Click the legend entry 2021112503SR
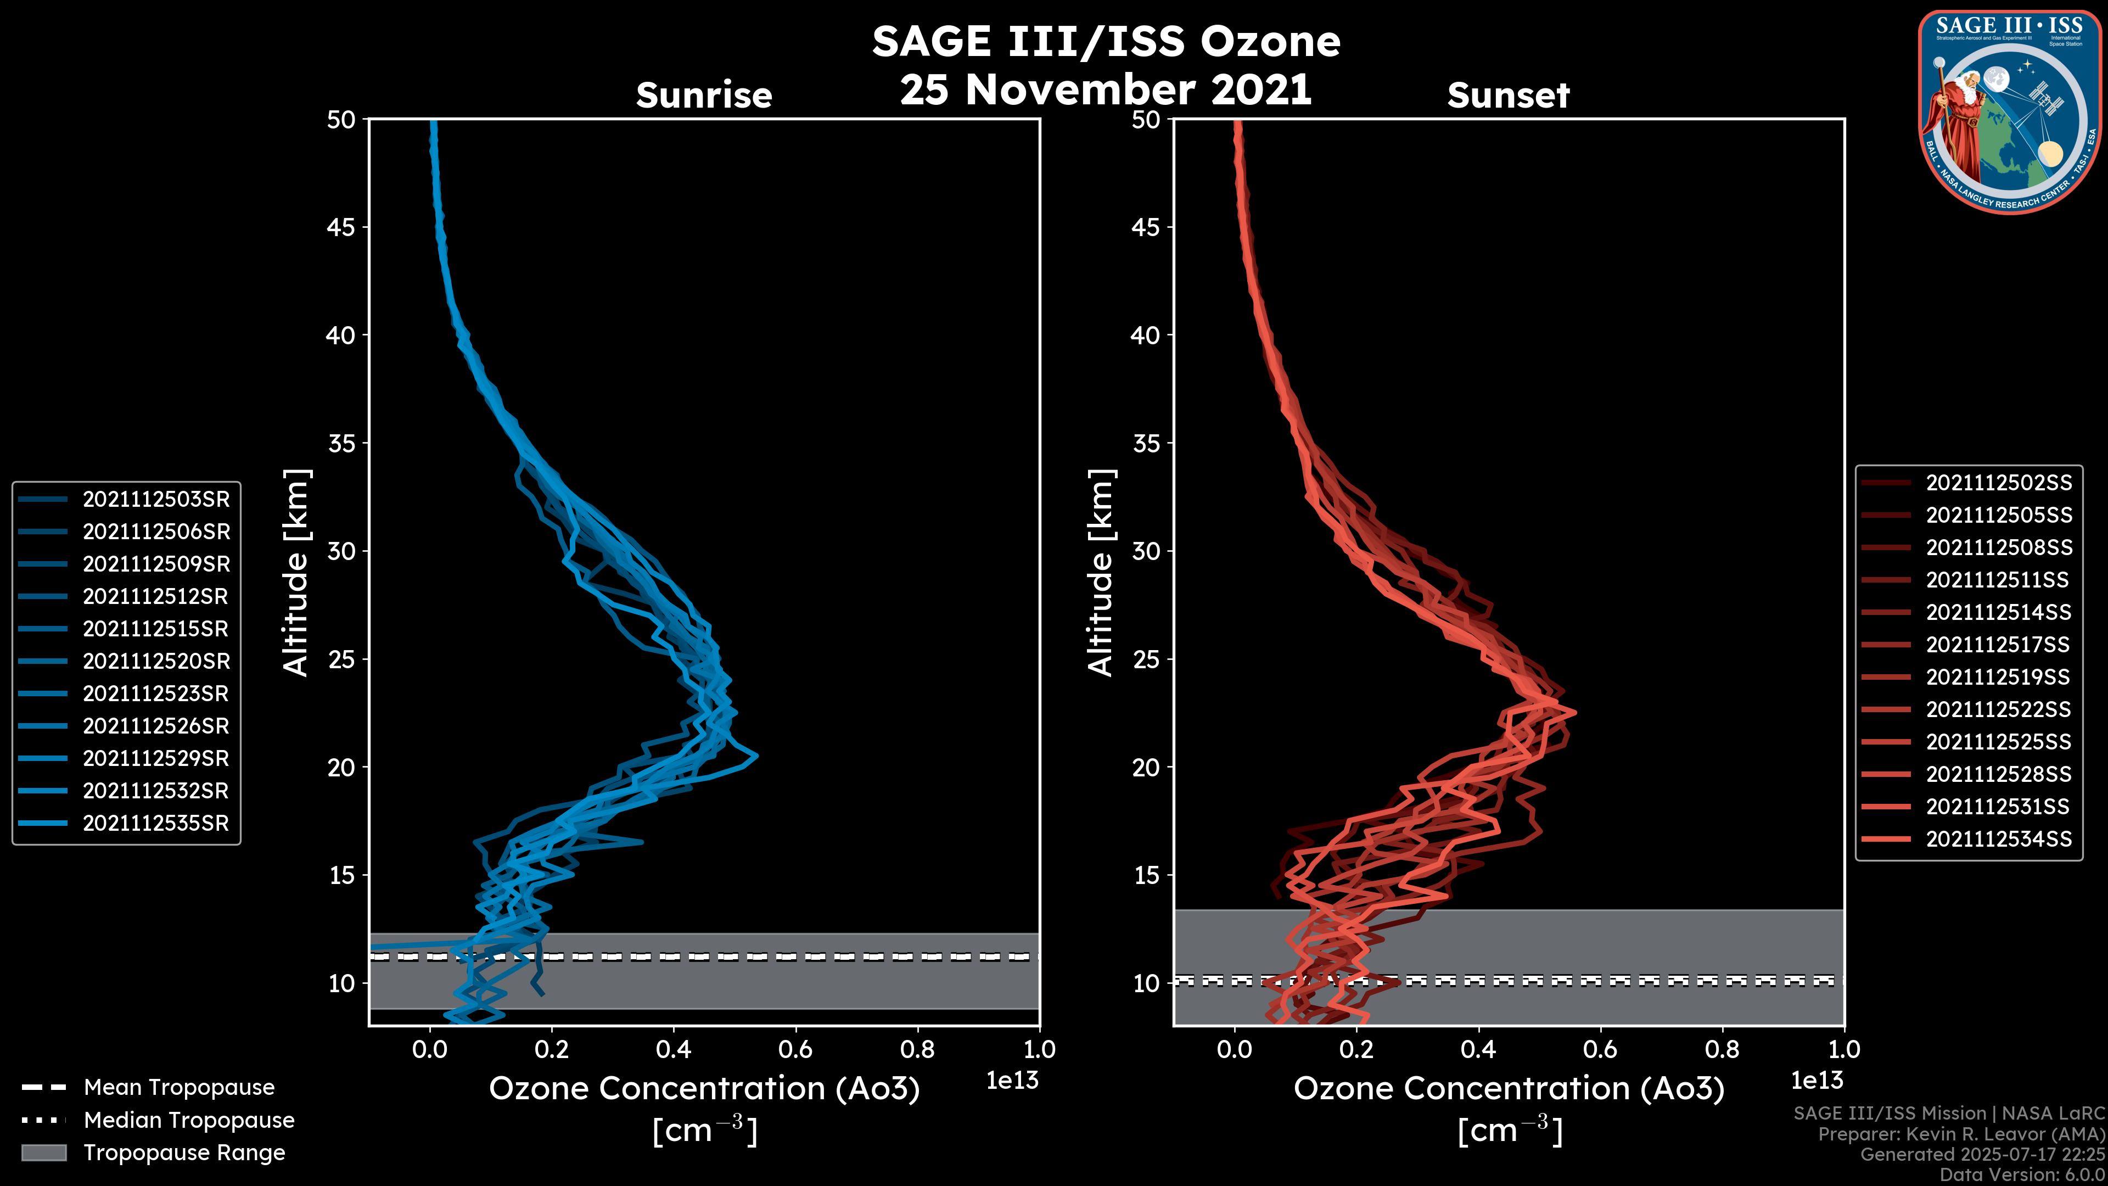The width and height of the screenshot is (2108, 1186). tap(155, 499)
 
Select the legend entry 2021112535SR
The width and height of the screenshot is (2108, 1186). tap(155, 824)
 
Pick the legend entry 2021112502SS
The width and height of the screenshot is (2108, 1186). tap(1998, 483)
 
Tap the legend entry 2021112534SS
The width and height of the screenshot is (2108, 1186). tap(1998, 839)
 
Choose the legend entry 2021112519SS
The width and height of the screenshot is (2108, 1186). tap(1998, 677)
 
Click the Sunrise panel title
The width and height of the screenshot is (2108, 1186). tap(704, 96)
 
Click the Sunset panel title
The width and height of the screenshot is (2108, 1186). tap(1508, 96)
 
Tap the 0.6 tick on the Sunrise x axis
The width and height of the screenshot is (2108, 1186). tap(795, 1049)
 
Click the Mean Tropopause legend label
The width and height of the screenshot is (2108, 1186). tap(179, 1088)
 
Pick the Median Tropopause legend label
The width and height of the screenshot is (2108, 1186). tap(189, 1121)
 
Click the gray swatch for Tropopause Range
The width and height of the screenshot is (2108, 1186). tap(43, 1153)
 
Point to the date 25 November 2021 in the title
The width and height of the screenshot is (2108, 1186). tap(1106, 90)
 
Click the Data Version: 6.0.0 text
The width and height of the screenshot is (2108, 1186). tap(2023, 1176)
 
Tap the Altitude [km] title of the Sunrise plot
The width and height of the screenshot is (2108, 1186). tap(295, 572)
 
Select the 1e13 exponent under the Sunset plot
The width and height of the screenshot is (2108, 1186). tap(1817, 1081)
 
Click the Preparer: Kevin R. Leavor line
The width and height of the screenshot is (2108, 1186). tap(1961, 1134)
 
